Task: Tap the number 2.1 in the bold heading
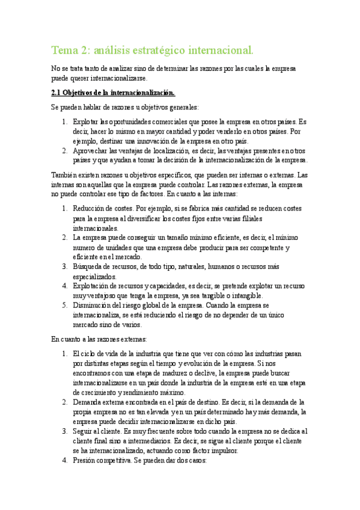57,93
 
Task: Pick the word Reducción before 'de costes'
89,209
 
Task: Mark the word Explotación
91,286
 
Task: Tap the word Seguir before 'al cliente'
84,431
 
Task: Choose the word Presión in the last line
85,461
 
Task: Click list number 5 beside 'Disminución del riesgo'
65,306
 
